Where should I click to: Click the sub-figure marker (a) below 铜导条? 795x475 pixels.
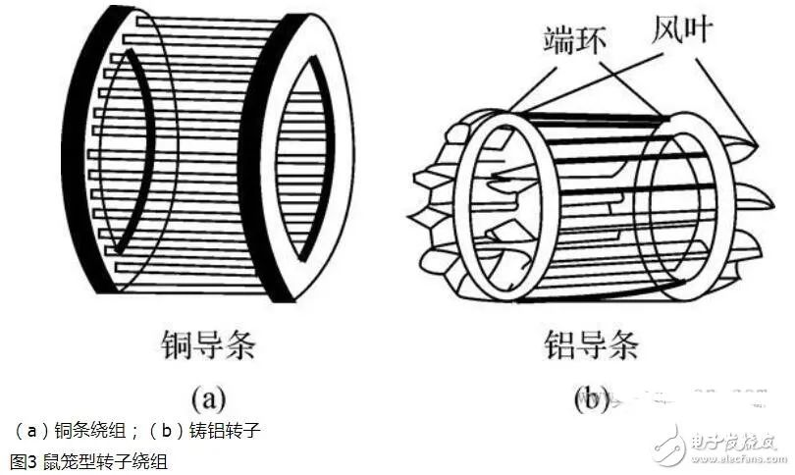click(208, 398)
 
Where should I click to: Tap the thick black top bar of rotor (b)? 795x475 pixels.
click(589, 116)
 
